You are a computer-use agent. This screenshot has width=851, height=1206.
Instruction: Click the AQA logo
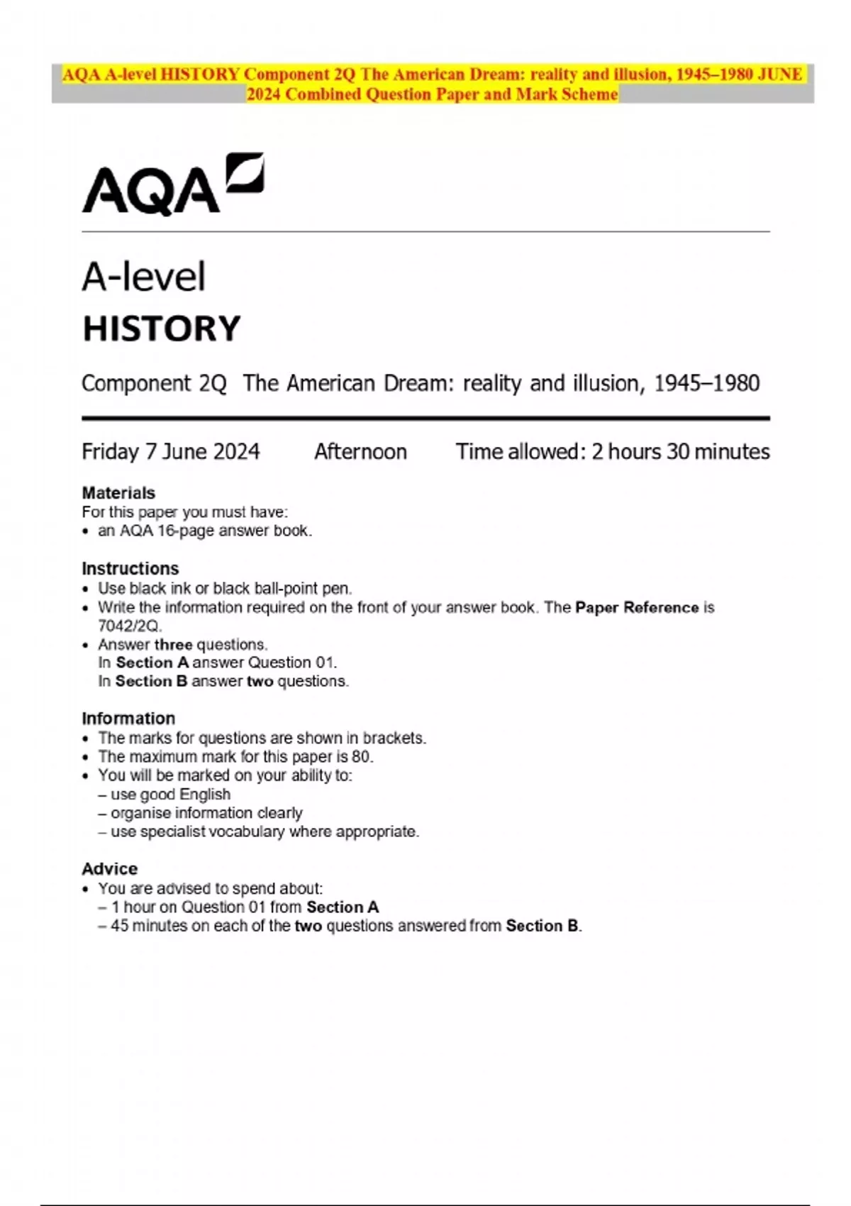[x=172, y=184]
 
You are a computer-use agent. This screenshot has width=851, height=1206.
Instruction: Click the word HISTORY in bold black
[x=162, y=329]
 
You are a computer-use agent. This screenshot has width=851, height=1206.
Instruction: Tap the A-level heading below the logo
[x=144, y=277]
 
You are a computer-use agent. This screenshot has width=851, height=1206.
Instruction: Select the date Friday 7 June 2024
[x=171, y=452]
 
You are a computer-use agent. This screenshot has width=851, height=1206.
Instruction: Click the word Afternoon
[x=360, y=452]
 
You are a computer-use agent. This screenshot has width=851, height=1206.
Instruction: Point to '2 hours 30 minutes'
[x=680, y=452]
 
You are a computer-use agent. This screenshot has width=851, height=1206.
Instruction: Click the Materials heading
[x=118, y=493]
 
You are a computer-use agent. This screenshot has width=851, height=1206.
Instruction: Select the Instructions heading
[x=130, y=569]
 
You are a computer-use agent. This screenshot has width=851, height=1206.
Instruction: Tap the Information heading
[x=128, y=719]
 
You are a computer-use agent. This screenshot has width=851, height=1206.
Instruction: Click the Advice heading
[x=110, y=869]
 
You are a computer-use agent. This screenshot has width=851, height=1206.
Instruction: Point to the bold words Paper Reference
[x=637, y=608]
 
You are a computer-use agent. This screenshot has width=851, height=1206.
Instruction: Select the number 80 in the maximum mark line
[x=361, y=757]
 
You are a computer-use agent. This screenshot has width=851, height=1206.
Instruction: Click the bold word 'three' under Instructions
[x=173, y=645]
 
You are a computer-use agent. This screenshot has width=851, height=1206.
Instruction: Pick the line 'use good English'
[x=170, y=795]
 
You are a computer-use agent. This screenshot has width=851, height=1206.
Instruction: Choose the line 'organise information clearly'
[x=206, y=813]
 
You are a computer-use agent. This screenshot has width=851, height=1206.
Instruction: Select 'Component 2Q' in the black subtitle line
[x=154, y=384]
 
